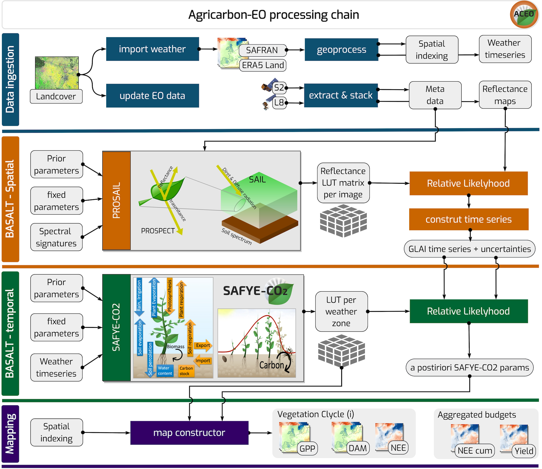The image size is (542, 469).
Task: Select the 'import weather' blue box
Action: point(152,49)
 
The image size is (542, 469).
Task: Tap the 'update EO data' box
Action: point(152,96)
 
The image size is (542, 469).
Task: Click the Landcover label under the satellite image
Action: point(56,96)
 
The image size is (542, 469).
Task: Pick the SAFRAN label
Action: point(262,50)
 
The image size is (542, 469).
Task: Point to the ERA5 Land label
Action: point(263,65)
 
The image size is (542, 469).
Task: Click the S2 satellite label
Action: point(279,88)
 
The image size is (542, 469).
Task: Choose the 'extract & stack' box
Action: point(341,95)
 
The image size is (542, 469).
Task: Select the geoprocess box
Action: point(341,50)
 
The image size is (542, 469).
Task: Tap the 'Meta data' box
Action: point(435,95)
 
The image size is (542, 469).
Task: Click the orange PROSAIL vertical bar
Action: point(116,200)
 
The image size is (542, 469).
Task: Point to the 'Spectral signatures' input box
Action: point(56,237)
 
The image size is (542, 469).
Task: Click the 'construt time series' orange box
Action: point(469,219)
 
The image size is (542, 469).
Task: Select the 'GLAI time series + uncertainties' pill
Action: point(469,249)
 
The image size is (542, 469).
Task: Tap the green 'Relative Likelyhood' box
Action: point(469,311)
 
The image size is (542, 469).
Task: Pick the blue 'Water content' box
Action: point(165,371)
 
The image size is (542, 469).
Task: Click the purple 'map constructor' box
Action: point(189,433)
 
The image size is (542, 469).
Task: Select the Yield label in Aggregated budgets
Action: point(524,451)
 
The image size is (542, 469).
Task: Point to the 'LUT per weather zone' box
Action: point(341,311)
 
